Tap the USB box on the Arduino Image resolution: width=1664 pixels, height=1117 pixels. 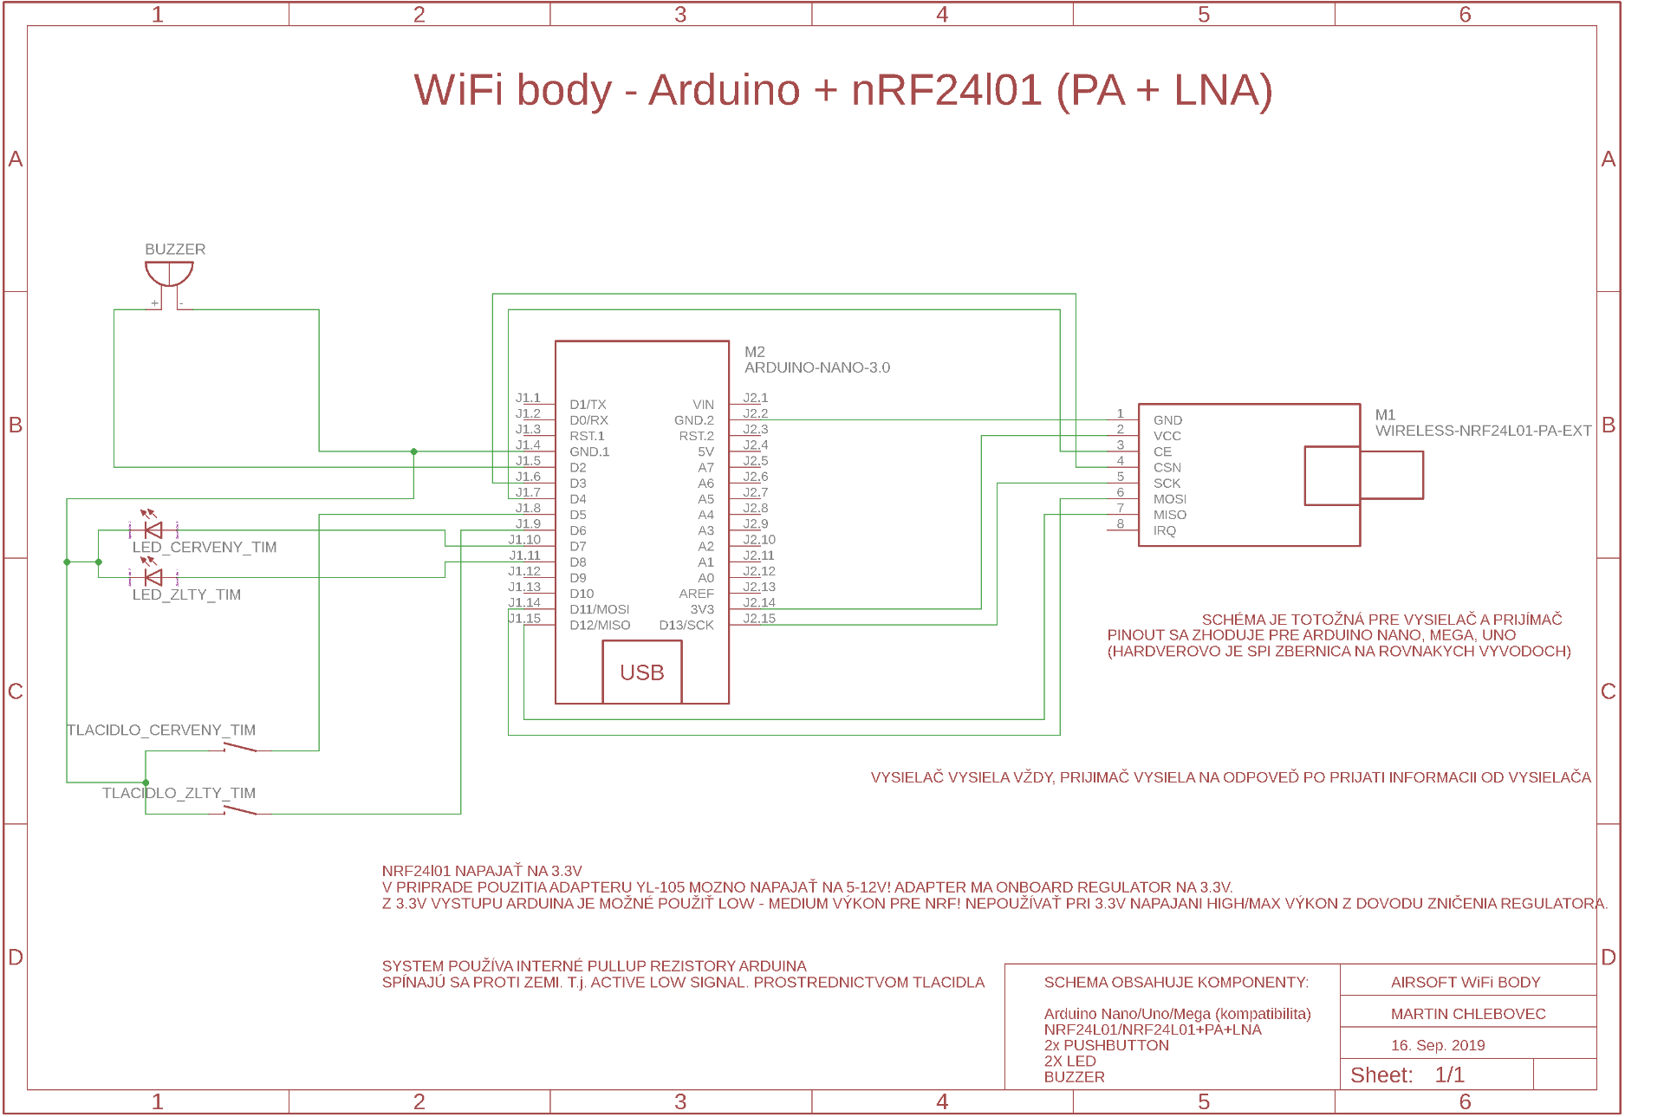pyautogui.click(x=642, y=672)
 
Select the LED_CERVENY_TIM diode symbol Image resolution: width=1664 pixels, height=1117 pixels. pyautogui.click(x=153, y=529)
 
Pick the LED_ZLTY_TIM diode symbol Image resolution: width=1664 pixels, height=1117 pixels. pyautogui.click(x=153, y=577)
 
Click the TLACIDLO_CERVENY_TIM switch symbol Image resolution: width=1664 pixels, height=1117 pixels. pyautogui.click(x=240, y=747)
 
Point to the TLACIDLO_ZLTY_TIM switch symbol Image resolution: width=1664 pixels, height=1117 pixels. pyautogui.click(x=240, y=810)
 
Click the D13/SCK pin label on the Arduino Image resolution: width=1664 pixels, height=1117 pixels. pyautogui.click(x=686, y=626)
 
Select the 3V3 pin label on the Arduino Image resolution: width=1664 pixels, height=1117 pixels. pyautogui.click(x=702, y=610)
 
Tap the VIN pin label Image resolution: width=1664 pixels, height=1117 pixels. pyautogui.click(x=703, y=405)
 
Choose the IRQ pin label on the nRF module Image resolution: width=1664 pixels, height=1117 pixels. pyautogui.click(x=1165, y=531)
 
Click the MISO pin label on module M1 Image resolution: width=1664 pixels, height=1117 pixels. pyautogui.click(x=1170, y=515)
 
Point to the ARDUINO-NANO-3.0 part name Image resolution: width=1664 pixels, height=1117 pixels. pyautogui.click(x=817, y=368)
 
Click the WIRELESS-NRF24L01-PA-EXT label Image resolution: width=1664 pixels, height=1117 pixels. pyautogui.click(x=1483, y=431)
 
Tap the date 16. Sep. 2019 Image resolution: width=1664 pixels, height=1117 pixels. pyautogui.click(x=1438, y=1045)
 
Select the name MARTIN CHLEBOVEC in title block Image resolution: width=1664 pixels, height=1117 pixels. pyautogui.click(x=1468, y=1014)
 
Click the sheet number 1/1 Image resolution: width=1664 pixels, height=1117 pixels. pyautogui.click(x=1449, y=1075)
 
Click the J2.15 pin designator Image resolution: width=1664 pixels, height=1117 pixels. pyautogui.click(x=759, y=619)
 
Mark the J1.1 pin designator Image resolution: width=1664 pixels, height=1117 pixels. pyautogui.click(x=528, y=399)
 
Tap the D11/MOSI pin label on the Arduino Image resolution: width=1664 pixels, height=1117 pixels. pyautogui.click(x=600, y=610)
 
